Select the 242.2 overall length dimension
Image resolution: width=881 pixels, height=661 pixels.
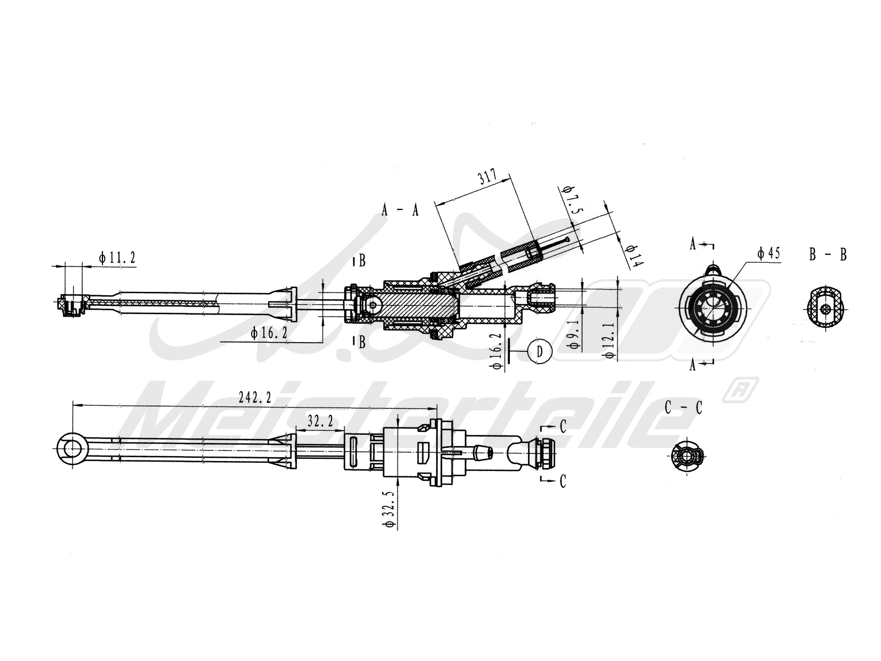pos(254,397)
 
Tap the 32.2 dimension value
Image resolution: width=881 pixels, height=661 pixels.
pos(320,421)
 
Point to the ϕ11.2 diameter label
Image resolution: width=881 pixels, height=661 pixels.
pos(117,257)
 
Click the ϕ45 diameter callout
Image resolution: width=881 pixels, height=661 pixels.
pos(768,253)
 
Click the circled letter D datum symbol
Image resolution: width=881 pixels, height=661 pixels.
pos(540,351)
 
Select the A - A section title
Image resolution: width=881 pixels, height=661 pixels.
pos(400,210)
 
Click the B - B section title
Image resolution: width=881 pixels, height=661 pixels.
pos(828,254)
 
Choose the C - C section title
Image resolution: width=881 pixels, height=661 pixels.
pos(683,408)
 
